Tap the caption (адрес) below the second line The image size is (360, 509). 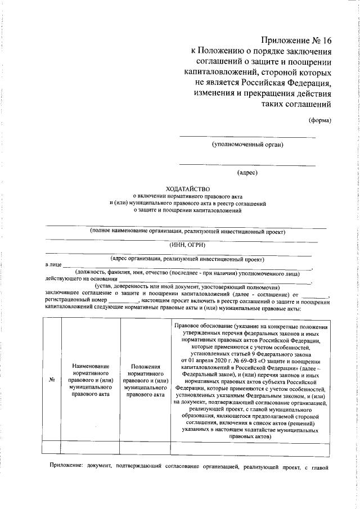click(247, 173)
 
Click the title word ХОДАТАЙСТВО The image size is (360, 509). click(187, 189)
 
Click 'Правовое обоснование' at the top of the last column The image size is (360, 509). click(202, 327)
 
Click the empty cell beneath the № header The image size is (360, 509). click(51, 447)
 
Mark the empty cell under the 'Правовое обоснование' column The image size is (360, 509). click(250, 447)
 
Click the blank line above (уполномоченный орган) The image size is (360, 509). click(247, 137)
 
